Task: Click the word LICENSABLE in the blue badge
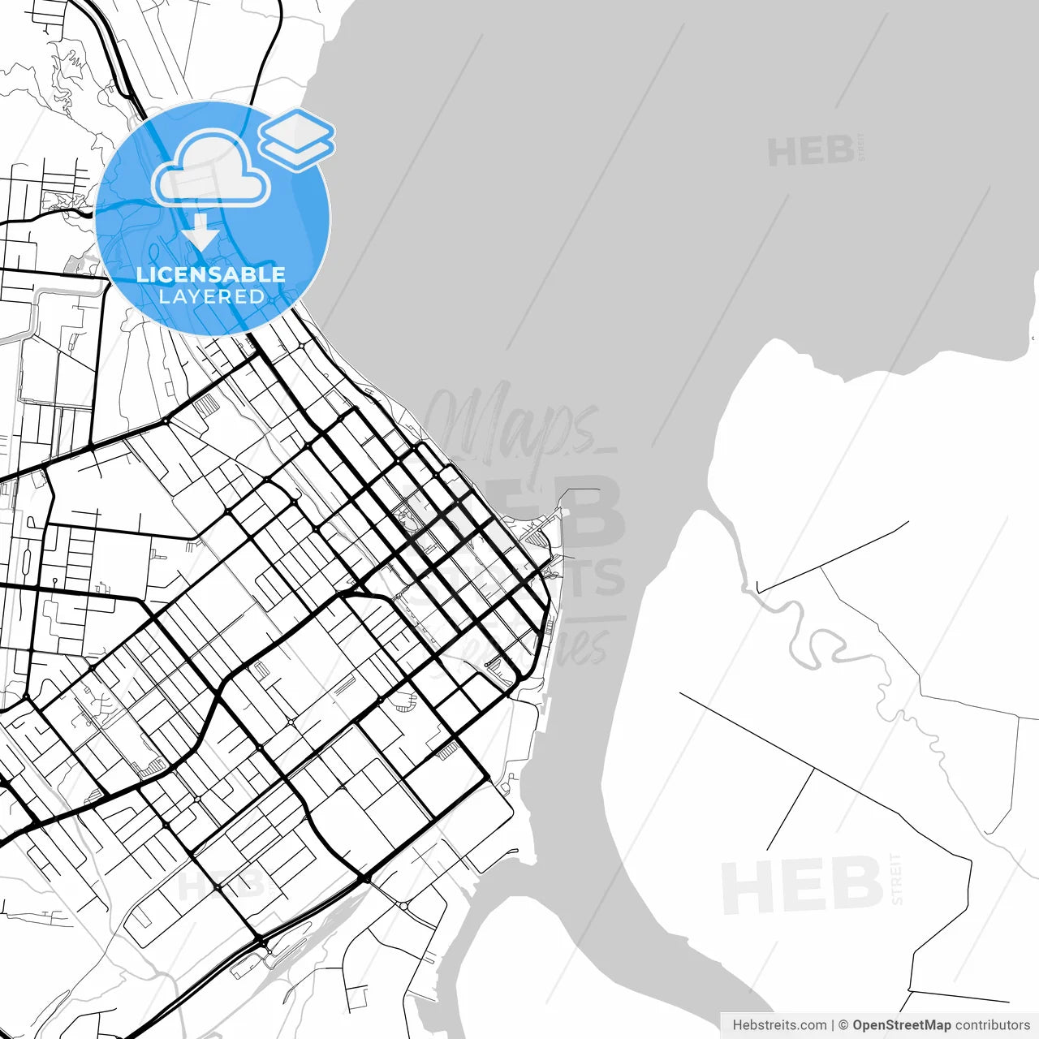[x=211, y=274]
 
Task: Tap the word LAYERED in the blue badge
[x=211, y=297]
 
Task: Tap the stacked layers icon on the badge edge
[x=297, y=139]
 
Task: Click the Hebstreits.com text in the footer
[x=779, y=1025]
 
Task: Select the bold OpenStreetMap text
[x=901, y=1025]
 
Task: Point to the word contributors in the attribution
[x=992, y=1025]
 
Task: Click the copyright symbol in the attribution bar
[x=843, y=1025]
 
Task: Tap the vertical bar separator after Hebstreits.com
[x=833, y=1025]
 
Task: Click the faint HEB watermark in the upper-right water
[x=810, y=152]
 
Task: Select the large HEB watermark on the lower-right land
[x=802, y=885]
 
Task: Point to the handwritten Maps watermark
[x=511, y=426]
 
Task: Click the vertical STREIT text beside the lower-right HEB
[x=896, y=878]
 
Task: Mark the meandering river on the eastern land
[x=820, y=641]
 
